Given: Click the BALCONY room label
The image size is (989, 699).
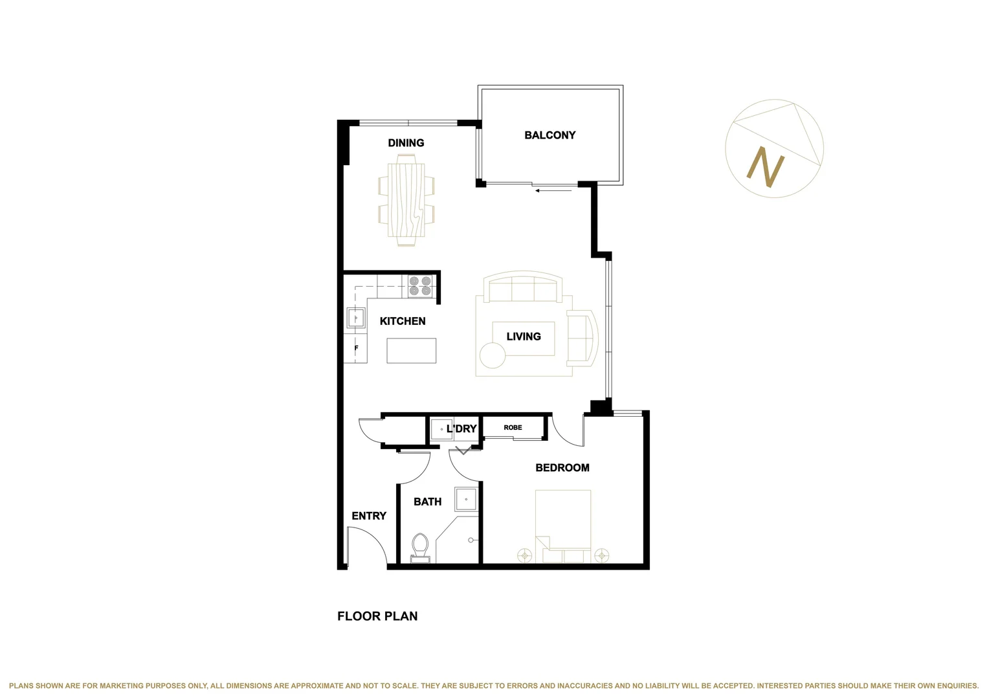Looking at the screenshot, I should (x=550, y=135).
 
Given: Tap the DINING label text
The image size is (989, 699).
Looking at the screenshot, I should (x=406, y=143).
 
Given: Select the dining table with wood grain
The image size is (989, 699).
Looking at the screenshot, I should (x=406, y=203).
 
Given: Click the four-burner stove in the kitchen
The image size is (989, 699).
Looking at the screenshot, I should (x=420, y=286).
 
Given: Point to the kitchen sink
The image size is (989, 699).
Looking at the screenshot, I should (x=355, y=318).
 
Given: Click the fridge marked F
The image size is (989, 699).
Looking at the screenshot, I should (x=356, y=348).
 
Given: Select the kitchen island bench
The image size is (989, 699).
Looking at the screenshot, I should (x=411, y=351).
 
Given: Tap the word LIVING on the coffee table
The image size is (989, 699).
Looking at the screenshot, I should (x=523, y=337).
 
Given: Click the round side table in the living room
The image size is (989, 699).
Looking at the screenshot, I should (x=492, y=355).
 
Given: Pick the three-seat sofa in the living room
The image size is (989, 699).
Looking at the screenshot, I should (x=524, y=288).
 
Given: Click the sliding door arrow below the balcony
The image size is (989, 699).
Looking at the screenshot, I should (x=553, y=190).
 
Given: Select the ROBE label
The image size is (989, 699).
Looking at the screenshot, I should (x=513, y=428).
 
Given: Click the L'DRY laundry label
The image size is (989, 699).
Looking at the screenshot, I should (x=461, y=429).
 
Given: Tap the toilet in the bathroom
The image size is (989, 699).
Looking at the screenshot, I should (x=420, y=547).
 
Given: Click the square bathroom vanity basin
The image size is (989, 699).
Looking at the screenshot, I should (x=465, y=500).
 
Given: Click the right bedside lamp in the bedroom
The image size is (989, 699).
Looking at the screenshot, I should (x=602, y=555).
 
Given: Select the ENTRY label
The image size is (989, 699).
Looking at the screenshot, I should (x=368, y=516).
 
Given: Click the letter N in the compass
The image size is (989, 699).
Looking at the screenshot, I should (x=766, y=167).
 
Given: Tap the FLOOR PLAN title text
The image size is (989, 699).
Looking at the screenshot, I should (x=377, y=616).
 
